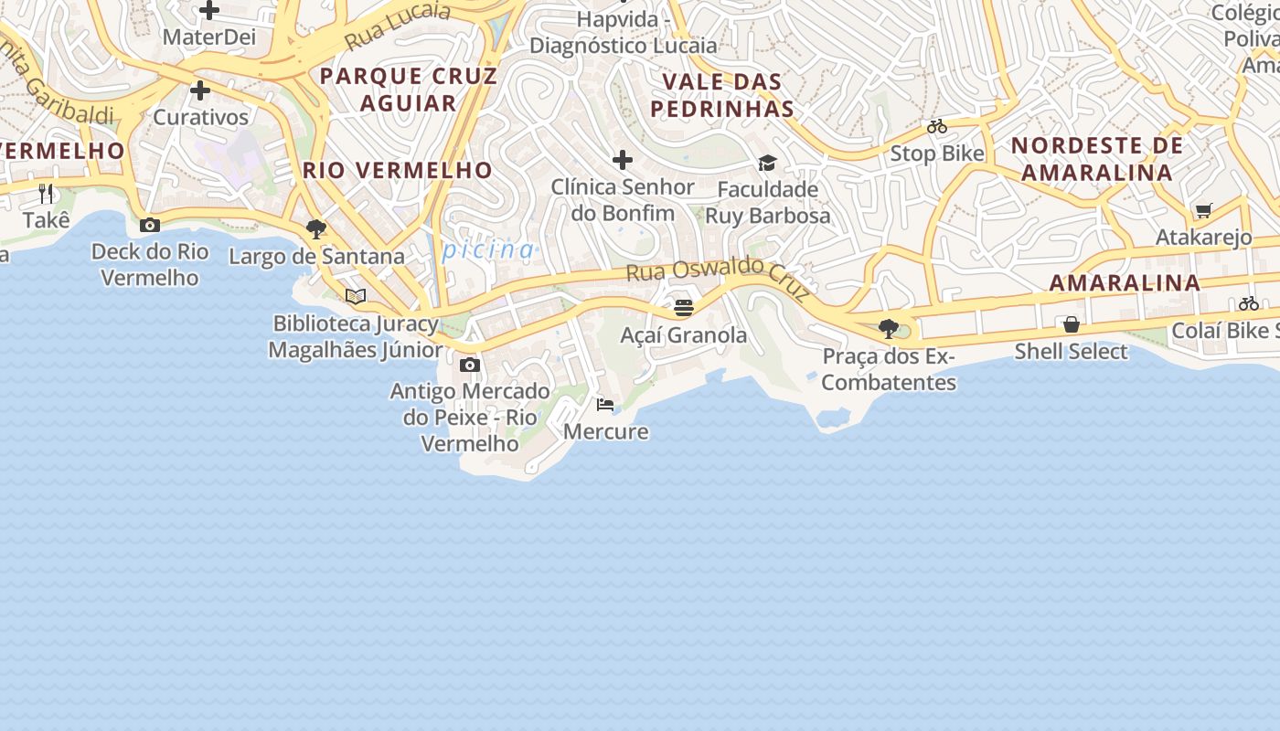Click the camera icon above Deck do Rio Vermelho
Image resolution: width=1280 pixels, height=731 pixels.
[x=150, y=225]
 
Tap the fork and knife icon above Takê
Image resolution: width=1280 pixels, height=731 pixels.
[x=47, y=193]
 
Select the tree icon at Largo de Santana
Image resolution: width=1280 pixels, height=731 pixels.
[x=316, y=229]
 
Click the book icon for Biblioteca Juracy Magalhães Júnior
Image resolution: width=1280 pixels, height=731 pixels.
[x=356, y=296]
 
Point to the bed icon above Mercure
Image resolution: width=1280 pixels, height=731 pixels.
[x=604, y=404]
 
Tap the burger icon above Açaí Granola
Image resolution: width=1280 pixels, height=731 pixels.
[x=683, y=308]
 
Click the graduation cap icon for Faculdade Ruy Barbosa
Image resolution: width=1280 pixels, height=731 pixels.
[x=767, y=163]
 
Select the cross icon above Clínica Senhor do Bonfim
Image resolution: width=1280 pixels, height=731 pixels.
[x=623, y=160]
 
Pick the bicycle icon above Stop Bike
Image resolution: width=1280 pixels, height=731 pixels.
[x=937, y=126]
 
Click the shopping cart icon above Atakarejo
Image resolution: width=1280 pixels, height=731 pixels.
[x=1204, y=211]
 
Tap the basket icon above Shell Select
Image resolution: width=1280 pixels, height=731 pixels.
[x=1072, y=324]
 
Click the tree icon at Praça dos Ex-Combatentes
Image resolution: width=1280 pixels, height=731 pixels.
[x=888, y=328]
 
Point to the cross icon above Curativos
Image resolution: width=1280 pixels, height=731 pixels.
[x=200, y=90]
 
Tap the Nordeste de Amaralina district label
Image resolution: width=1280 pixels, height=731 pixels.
[x=1096, y=159]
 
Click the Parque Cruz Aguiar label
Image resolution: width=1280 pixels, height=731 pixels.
[x=409, y=89]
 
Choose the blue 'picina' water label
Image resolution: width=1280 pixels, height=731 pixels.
[x=488, y=249]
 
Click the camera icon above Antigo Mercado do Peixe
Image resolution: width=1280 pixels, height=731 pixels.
[x=470, y=365]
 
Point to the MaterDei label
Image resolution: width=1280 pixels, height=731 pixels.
[x=209, y=37]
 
